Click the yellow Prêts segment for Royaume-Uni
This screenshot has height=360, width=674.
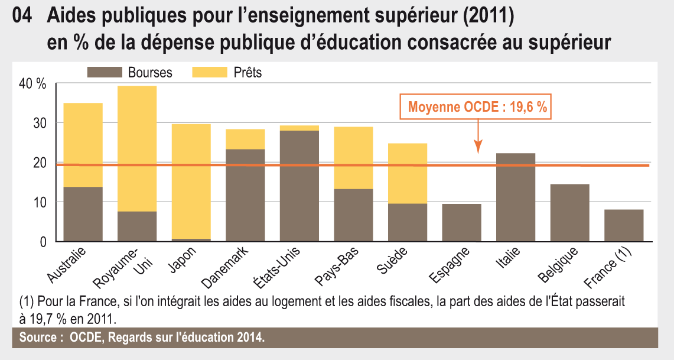[x=137, y=148]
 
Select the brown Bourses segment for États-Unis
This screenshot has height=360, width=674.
[x=299, y=186]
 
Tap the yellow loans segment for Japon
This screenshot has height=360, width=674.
[x=191, y=181]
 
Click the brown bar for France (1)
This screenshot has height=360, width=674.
[x=624, y=225]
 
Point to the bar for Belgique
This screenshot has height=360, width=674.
[x=569, y=213]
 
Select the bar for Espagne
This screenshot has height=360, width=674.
[x=461, y=222]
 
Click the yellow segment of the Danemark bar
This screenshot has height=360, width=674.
[x=245, y=139]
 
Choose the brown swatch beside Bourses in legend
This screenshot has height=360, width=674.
[x=103, y=73]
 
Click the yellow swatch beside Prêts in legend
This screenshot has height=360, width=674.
[x=209, y=73]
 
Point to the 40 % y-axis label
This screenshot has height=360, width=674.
[x=32, y=84]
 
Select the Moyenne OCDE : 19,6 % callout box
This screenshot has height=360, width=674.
[x=477, y=108]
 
